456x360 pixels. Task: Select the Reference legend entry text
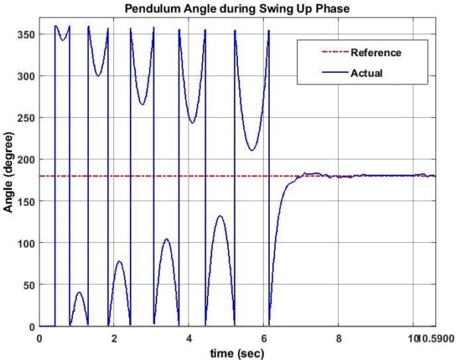click(375, 52)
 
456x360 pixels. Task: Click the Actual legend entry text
click(366, 74)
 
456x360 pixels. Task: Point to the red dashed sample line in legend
click(326, 53)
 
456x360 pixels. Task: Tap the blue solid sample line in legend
click(326, 74)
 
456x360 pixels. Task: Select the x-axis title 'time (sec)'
click(238, 352)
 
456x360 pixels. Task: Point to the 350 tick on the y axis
click(25, 34)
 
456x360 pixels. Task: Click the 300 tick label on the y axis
click(25, 76)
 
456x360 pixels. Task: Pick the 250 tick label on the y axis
click(25, 118)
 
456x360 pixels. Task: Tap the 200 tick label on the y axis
click(25, 159)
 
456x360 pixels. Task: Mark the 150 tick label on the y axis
click(25, 201)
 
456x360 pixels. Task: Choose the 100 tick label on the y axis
click(25, 243)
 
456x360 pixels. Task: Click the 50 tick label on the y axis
click(28, 285)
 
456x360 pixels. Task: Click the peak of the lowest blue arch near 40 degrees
click(79, 292)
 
